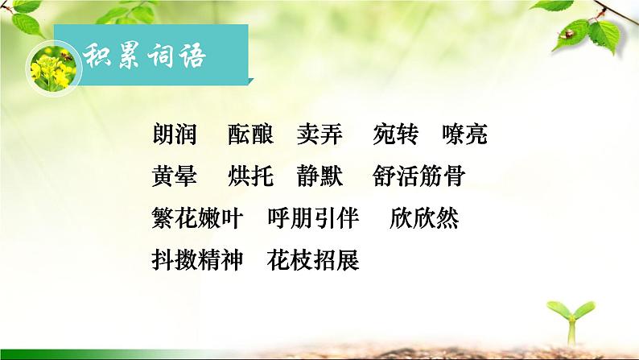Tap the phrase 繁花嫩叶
click(196, 218)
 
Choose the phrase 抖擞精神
click(196, 260)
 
